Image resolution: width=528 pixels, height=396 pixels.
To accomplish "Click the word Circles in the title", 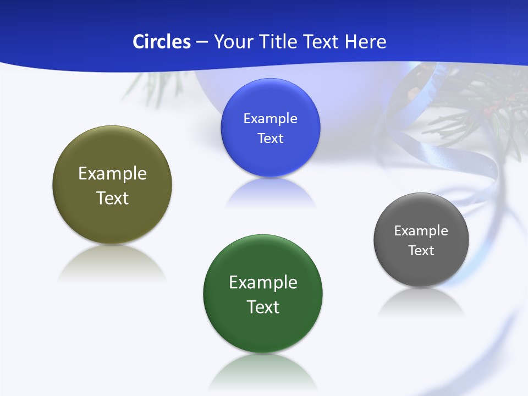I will pyautogui.click(x=162, y=42).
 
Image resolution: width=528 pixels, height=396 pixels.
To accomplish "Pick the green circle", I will pyautogui.click(x=263, y=324).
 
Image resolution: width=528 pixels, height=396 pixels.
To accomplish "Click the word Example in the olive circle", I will pyautogui.click(x=112, y=173).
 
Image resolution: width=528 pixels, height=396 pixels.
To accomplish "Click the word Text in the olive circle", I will pyautogui.click(x=112, y=198).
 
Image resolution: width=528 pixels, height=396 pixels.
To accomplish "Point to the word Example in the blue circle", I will pyautogui.click(x=270, y=119).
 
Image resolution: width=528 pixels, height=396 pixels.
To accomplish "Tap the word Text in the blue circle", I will pyautogui.click(x=270, y=139).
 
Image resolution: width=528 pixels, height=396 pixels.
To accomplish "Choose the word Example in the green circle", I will pyautogui.click(x=263, y=282).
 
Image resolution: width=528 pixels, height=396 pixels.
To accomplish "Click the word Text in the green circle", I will pyautogui.click(x=263, y=307).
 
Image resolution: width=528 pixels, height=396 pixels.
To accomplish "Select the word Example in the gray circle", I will pyautogui.click(x=421, y=231).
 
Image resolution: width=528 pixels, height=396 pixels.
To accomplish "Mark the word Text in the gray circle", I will pyautogui.click(x=421, y=251).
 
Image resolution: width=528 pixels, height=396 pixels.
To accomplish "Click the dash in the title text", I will pyautogui.click(x=202, y=42).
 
